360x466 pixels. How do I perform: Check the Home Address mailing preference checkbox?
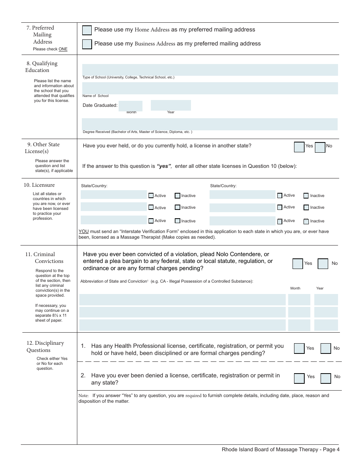point(87,30)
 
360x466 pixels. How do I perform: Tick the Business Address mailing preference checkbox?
point(87,44)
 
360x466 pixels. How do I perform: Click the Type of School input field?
point(210,70)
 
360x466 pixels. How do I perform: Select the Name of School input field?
point(210,88)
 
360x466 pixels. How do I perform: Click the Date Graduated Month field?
point(131,106)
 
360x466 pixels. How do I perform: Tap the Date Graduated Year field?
point(171,105)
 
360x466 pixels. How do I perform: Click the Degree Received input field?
point(210,124)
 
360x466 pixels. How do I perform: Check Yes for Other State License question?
point(299,147)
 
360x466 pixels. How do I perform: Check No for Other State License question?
point(320,147)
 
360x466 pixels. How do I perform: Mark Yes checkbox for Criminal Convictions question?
point(297,264)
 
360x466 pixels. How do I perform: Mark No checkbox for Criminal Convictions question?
point(323,264)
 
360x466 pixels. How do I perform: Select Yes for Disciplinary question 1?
point(299,348)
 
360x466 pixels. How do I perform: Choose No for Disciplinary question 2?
point(326,378)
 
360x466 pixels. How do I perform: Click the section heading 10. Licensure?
point(39,185)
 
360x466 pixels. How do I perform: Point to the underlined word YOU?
point(83,231)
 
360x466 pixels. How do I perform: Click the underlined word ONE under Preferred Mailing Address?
point(63,49)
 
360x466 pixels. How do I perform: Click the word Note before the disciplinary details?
point(83,396)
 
